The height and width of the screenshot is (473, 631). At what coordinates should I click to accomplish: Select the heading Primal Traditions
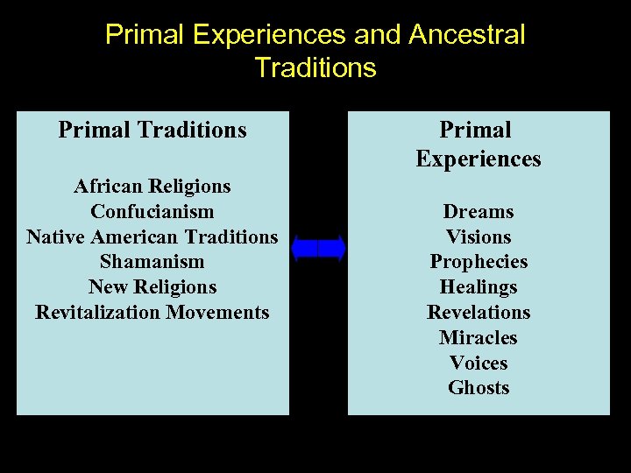pyautogui.click(x=152, y=131)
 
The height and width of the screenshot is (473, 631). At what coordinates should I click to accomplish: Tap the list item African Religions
pyautogui.click(x=152, y=187)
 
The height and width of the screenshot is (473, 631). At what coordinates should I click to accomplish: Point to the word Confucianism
pyautogui.click(x=152, y=212)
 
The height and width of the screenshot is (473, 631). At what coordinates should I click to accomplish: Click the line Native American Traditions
pyautogui.click(x=152, y=237)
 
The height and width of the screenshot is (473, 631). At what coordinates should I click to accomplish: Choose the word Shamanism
pyautogui.click(x=152, y=262)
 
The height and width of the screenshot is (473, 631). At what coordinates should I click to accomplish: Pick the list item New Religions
pyautogui.click(x=152, y=287)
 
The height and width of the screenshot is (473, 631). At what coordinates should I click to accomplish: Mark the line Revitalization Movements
pyautogui.click(x=152, y=313)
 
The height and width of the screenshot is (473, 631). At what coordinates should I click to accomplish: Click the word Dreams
pyautogui.click(x=479, y=212)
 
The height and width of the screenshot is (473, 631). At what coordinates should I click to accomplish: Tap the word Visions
pyautogui.click(x=479, y=237)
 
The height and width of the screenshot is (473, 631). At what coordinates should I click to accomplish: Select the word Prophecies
pyautogui.click(x=479, y=262)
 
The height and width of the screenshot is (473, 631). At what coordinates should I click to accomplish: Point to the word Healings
pyautogui.click(x=479, y=287)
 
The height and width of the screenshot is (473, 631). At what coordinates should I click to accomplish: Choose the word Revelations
pyautogui.click(x=479, y=313)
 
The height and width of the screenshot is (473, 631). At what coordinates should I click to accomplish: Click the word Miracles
pyautogui.click(x=479, y=338)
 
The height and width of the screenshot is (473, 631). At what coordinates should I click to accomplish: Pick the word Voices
pyautogui.click(x=479, y=363)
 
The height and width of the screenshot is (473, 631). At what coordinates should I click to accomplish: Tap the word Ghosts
pyautogui.click(x=479, y=388)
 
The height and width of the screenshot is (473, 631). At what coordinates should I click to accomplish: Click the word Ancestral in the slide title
pyautogui.click(x=466, y=35)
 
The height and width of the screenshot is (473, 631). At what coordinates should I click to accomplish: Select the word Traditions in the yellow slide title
pyautogui.click(x=315, y=67)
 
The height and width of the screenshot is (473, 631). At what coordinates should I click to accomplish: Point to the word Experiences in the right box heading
pyautogui.click(x=479, y=159)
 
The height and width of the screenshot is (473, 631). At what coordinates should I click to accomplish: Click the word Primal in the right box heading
pyautogui.click(x=475, y=131)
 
